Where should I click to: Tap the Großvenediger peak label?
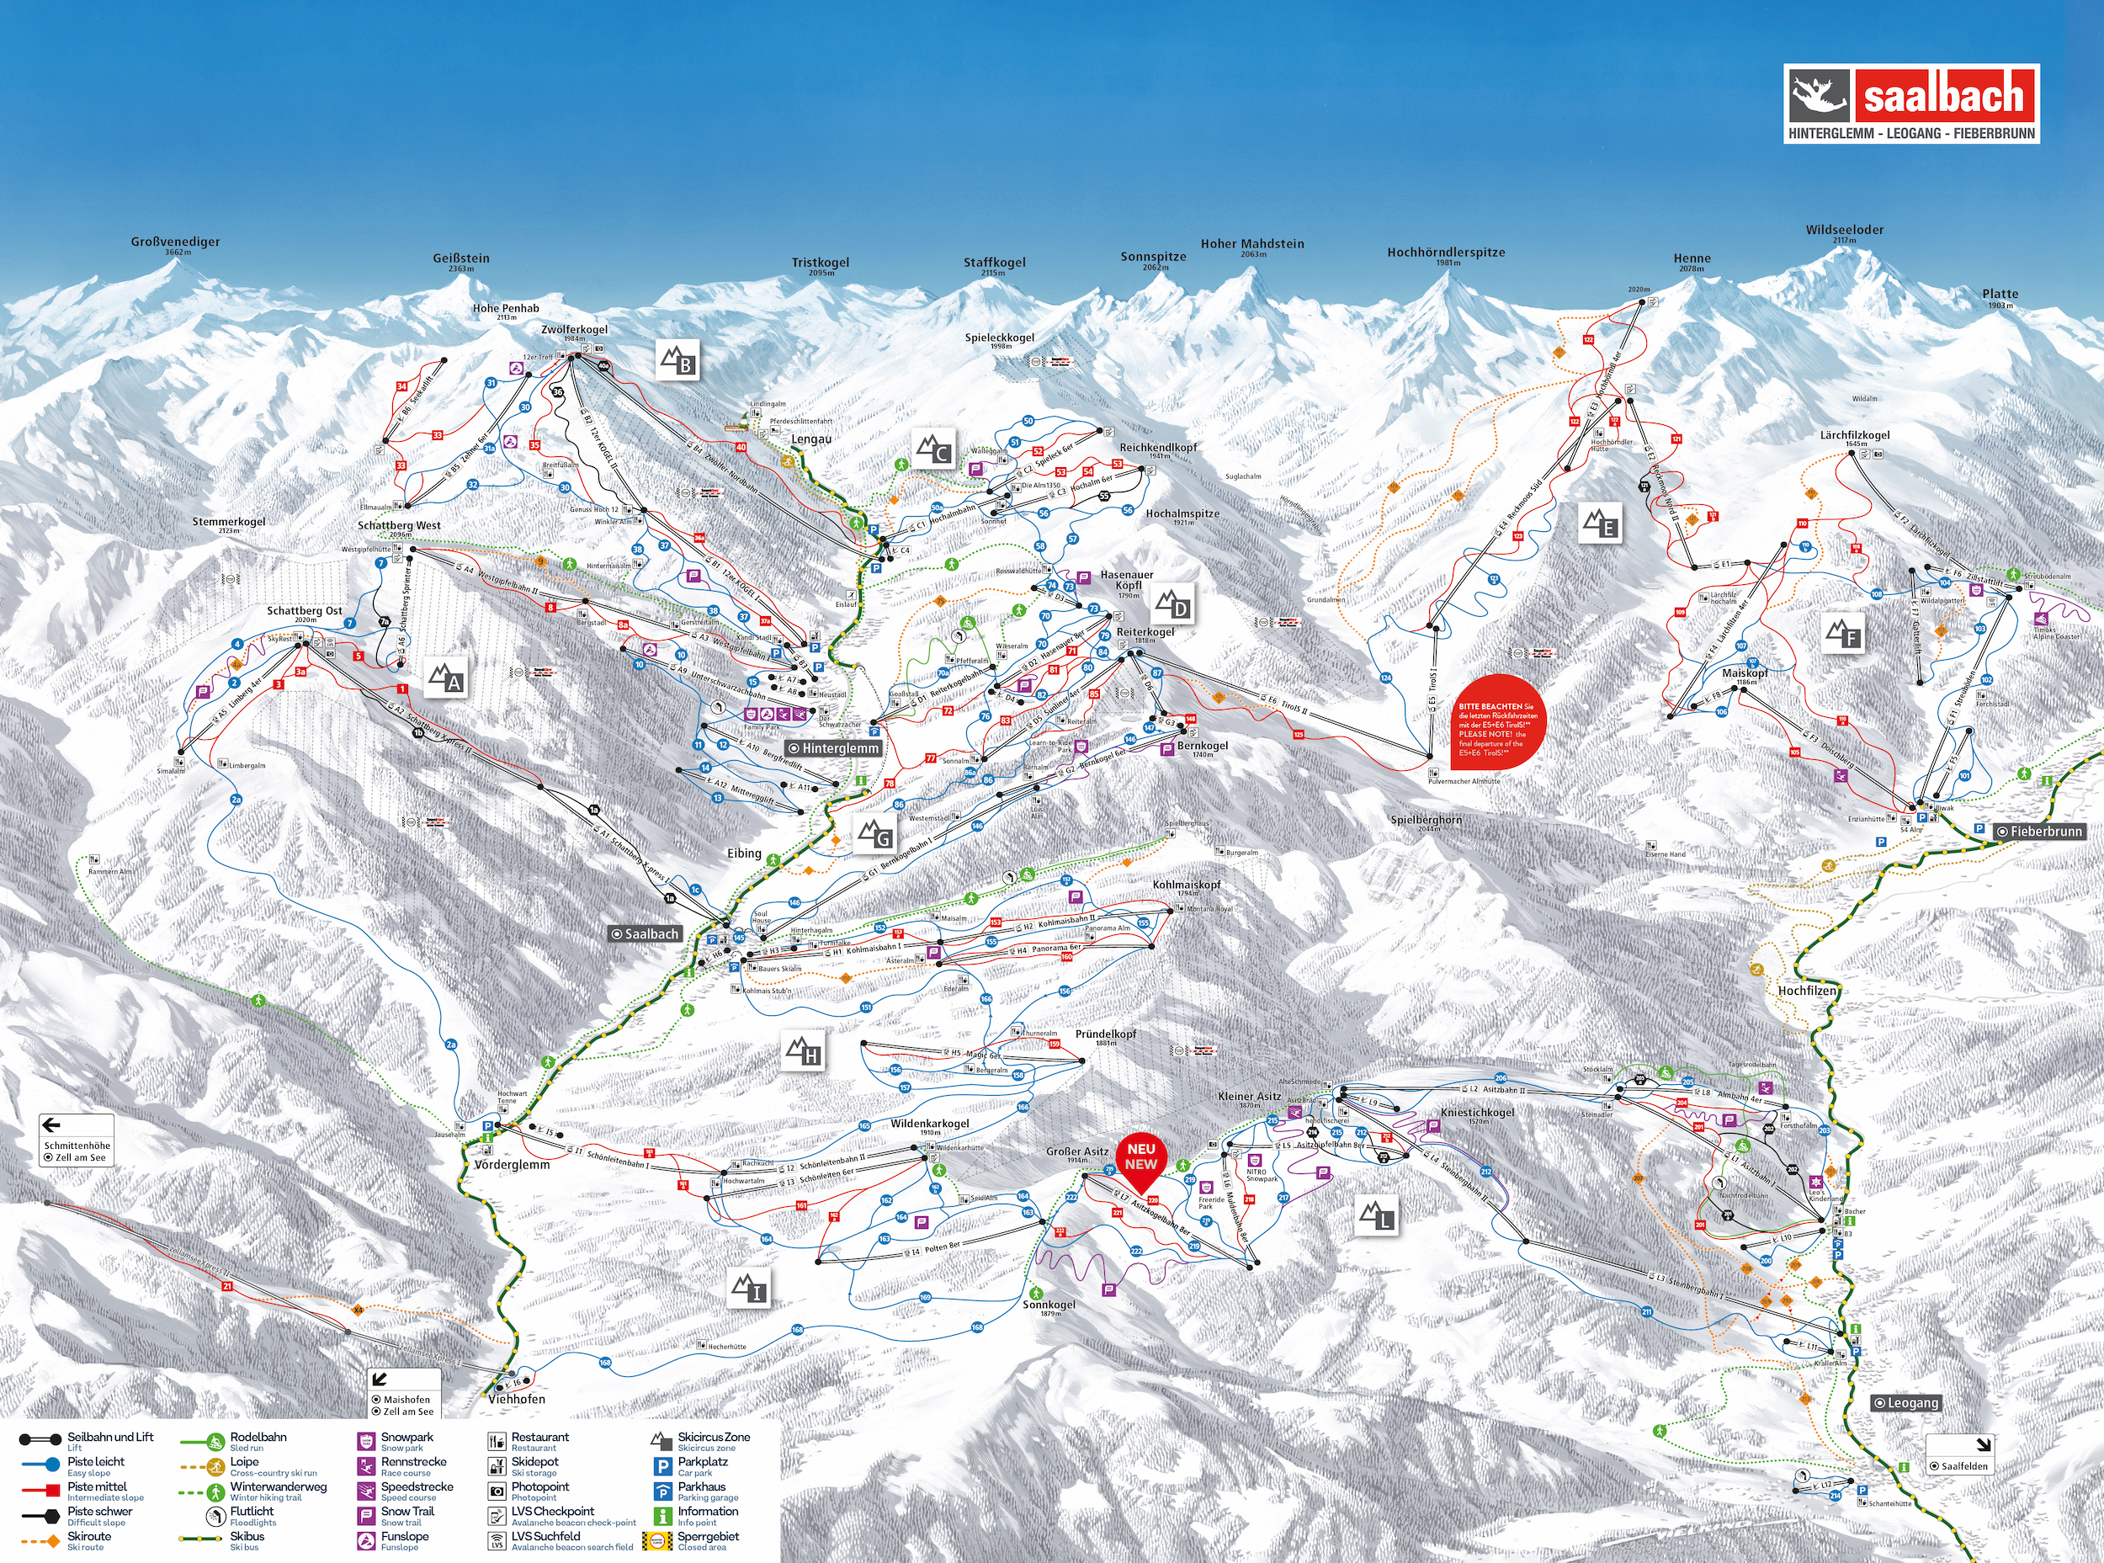point(175,242)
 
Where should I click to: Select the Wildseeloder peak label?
point(1844,230)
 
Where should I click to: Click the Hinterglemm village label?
point(833,748)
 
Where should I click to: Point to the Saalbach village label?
point(646,933)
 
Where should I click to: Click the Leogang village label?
point(1906,1403)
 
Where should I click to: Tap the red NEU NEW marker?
point(1140,1158)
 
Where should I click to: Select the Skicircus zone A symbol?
point(445,678)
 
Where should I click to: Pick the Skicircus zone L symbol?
point(1377,1215)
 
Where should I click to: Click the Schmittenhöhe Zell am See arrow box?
point(77,1140)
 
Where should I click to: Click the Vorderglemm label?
point(512,1165)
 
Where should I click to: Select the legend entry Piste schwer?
point(99,1512)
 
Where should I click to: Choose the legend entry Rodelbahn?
point(258,1437)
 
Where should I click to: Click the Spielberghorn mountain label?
point(1426,821)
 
